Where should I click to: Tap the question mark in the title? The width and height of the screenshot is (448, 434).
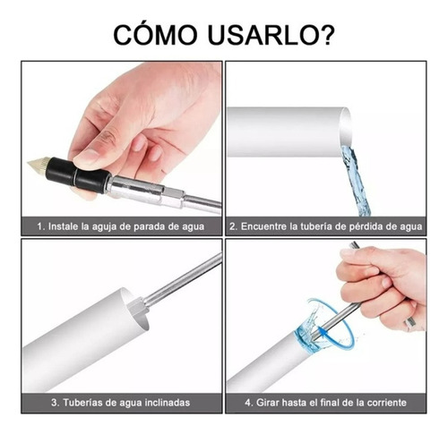click(x=324, y=34)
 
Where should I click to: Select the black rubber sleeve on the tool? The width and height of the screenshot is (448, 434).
click(x=77, y=174)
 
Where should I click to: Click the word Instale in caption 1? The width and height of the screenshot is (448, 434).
click(x=64, y=226)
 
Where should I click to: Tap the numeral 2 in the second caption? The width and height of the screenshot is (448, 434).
click(x=232, y=226)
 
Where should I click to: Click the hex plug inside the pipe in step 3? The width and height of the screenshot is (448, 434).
click(x=138, y=307)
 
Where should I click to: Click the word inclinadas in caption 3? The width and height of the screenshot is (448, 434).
click(x=168, y=403)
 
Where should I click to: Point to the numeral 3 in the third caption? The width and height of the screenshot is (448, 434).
click(x=54, y=403)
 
